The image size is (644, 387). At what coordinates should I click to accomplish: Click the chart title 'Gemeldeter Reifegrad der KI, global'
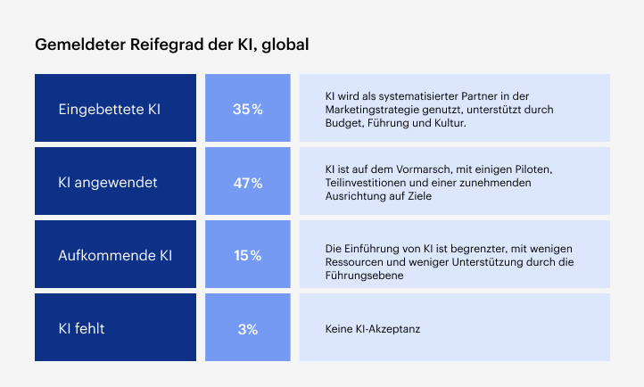[171, 44]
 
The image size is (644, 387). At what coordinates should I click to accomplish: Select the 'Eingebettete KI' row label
[109, 110]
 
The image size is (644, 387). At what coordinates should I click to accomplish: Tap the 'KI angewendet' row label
[107, 183]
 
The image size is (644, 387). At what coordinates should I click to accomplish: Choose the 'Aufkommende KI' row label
[115, 256]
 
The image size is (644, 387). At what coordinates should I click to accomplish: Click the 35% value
[247, 110]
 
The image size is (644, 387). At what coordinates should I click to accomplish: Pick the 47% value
[247, 183]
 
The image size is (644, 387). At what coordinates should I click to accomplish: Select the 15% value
[247, 256]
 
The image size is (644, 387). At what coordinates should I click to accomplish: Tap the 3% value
[247, 329]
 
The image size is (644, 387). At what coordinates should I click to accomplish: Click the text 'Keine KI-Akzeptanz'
[373, 329]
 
